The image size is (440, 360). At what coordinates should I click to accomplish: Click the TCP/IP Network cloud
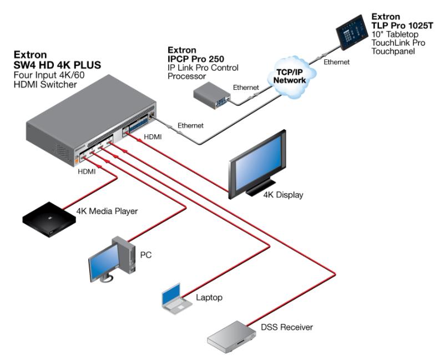pyautogui.click(x=291, y=77)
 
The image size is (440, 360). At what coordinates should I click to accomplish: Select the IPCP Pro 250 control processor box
pyautogui.click(x=211, y=95)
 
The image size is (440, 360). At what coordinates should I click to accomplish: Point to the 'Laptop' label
pyautogui.click(x=209, y=298)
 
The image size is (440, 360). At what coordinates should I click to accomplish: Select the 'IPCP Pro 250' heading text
pyautogui.click(x=194, y=58)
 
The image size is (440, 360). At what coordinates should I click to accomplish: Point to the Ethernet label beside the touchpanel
pyautogui.click(x=337, y=62)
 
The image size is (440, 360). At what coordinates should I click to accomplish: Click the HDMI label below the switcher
pyautogui.click(x=86, y=171)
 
